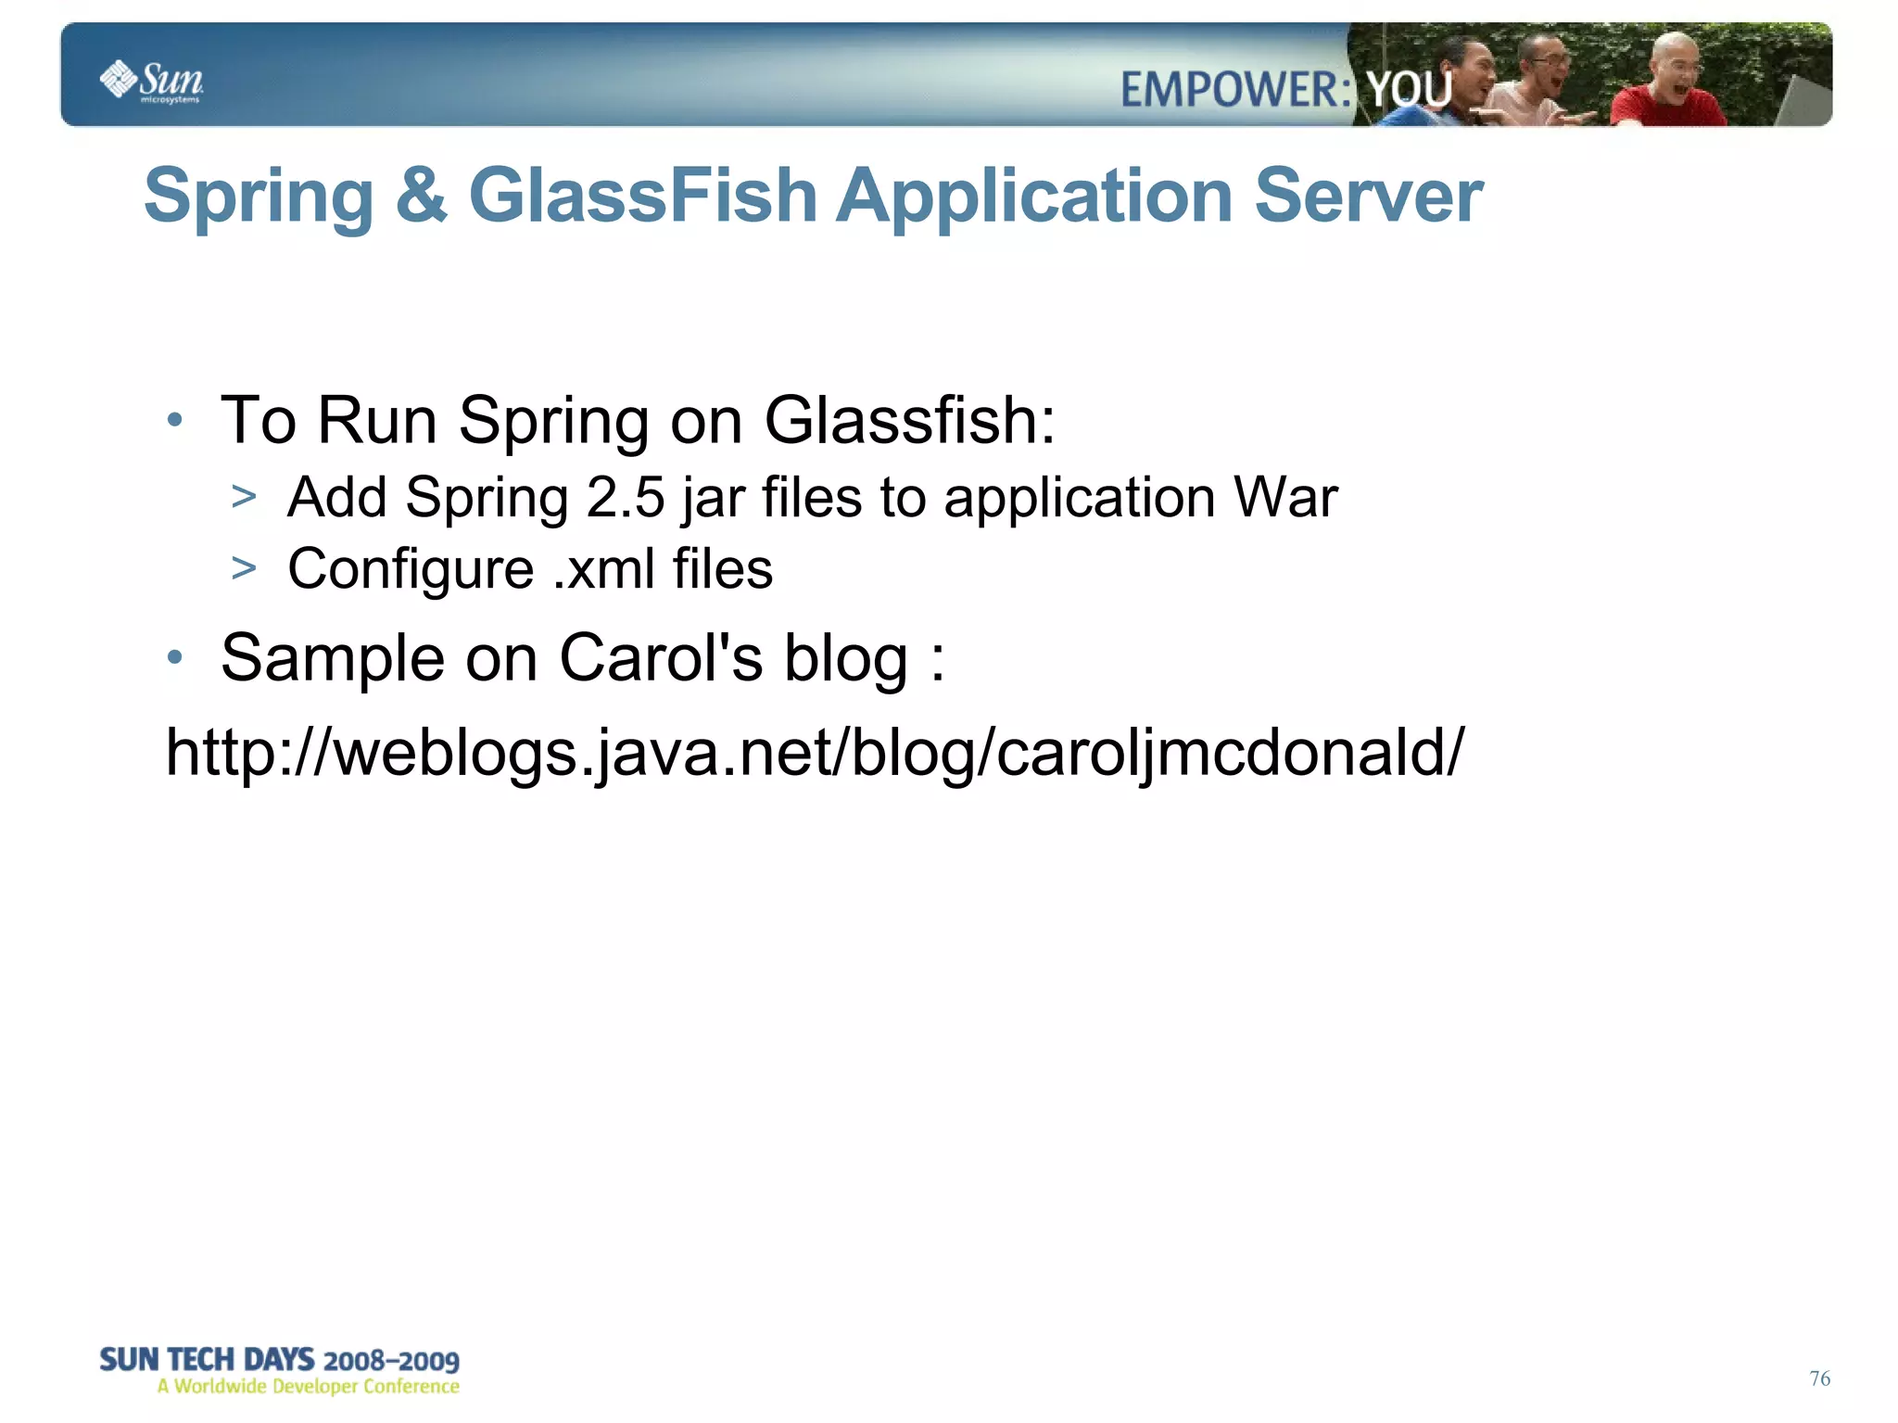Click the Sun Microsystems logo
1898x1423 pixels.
click(151, 81)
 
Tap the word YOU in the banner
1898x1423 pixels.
click(1410, 91)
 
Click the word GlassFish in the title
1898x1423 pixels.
click(642, 196)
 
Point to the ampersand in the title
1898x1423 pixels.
click(421, 196)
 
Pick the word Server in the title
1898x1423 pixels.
click(1368, 196)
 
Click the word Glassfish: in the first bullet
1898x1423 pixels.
click(909, 421)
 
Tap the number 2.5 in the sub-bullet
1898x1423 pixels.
click(626, 498)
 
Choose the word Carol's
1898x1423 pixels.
click(661, 658)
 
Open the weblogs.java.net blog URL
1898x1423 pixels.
click(815, 753)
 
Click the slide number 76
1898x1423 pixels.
click(1819, 1379)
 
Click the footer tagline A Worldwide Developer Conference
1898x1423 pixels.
click(308, 1387)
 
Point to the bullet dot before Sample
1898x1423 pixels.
click(175, 658)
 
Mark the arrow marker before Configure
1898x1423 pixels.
click(244, 567)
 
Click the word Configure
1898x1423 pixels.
click(411, 569)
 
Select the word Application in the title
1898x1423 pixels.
click(1034, 196)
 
